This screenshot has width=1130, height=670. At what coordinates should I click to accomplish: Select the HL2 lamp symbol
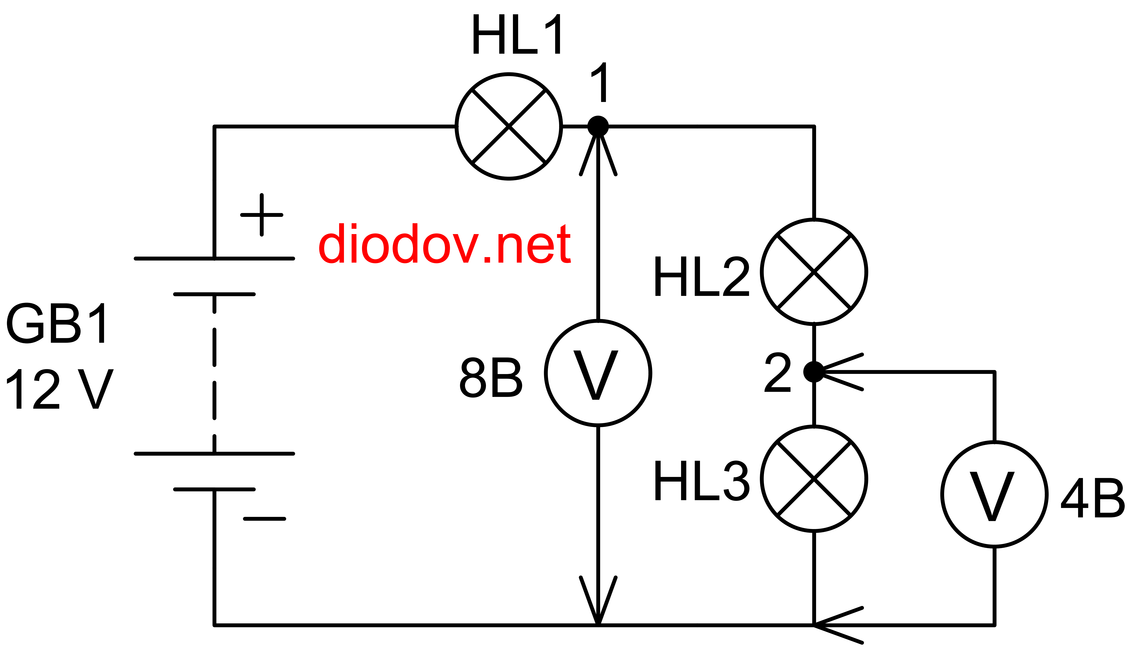point(814,272)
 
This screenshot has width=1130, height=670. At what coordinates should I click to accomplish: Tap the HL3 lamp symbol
point(814,479)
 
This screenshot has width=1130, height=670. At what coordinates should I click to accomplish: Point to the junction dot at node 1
point(598,126)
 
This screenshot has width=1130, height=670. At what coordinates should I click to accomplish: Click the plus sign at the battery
point(262,215)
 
